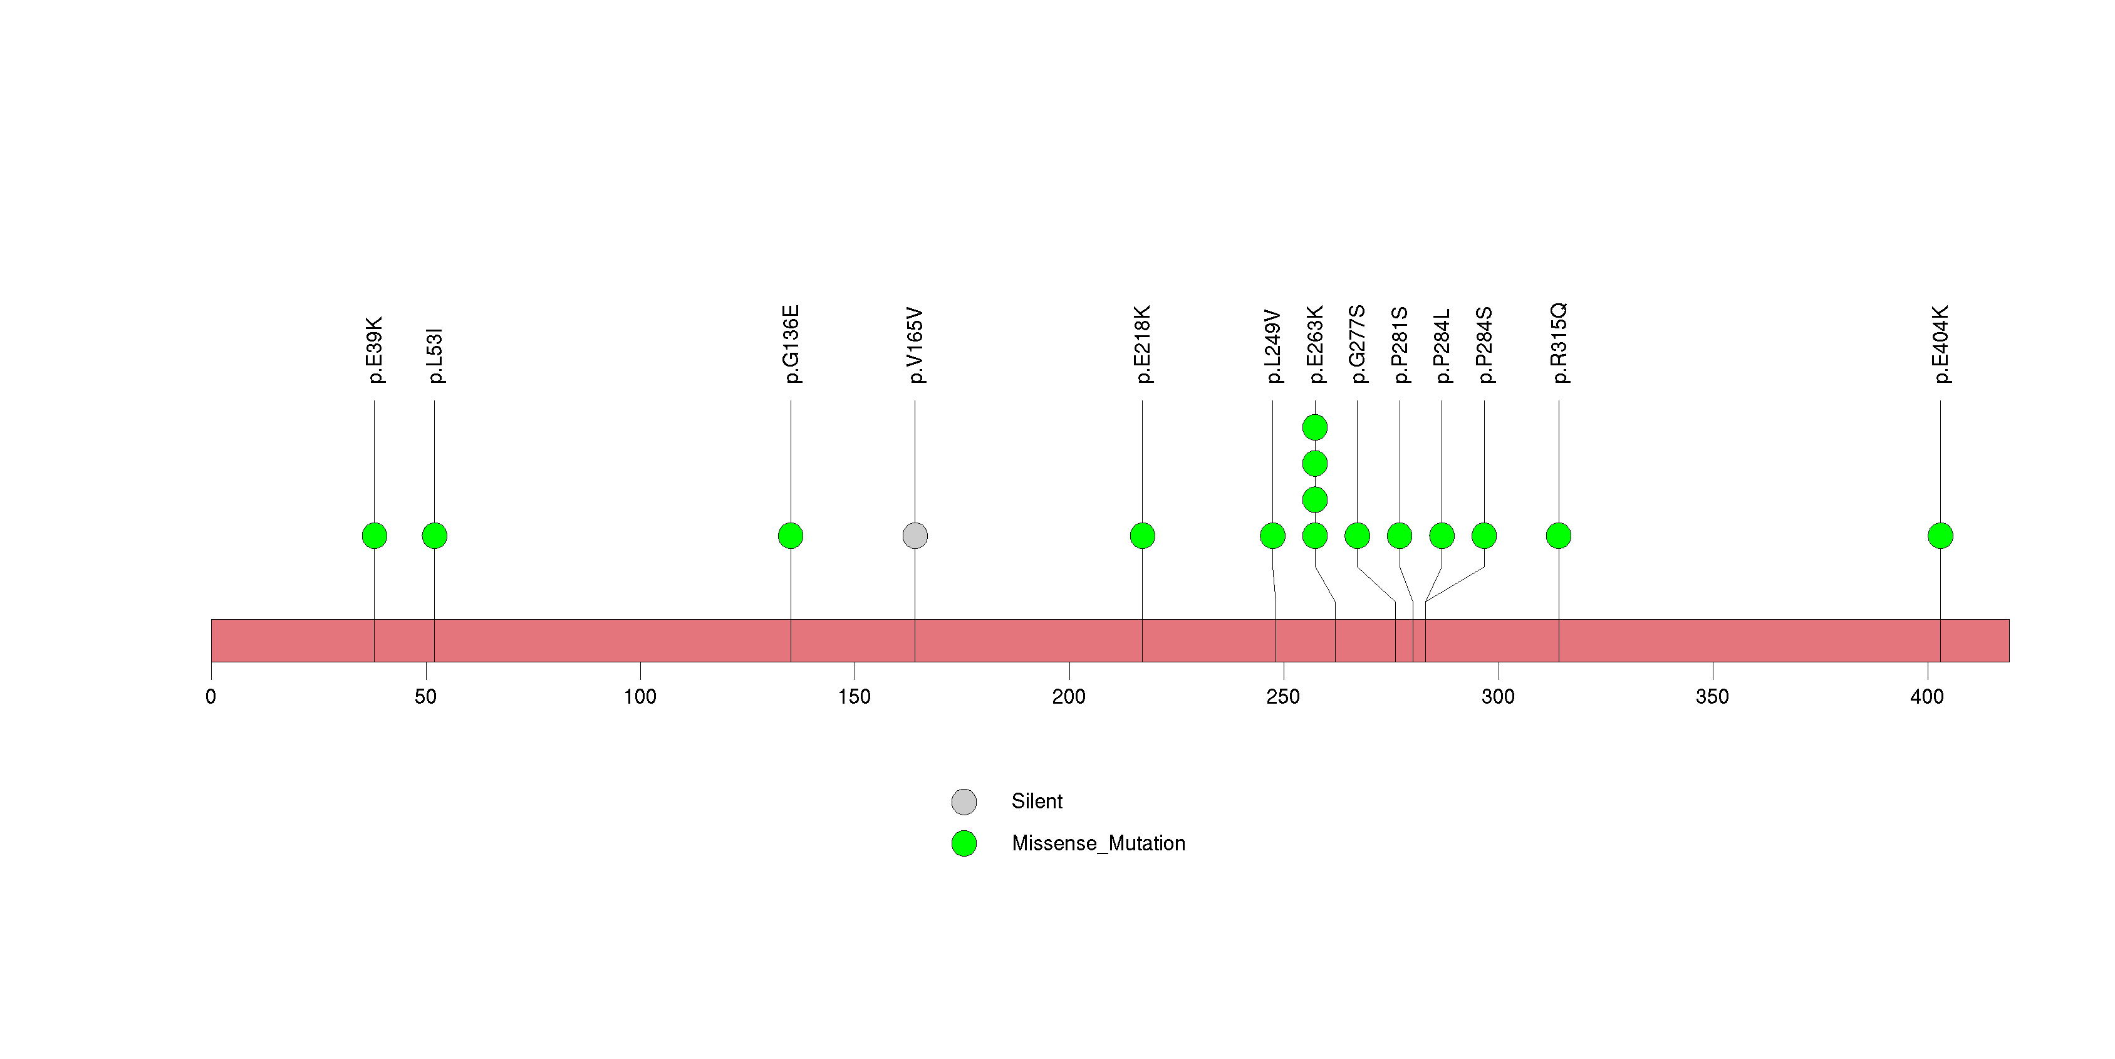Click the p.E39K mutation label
(375, 350)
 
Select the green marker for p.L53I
(434, 536)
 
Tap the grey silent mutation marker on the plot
(915, 536)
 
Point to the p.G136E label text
(791, 344)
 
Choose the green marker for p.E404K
(1940, 536)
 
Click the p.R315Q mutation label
(1558, 343)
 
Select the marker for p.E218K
(1142, 536)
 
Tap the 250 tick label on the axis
(1283, 697)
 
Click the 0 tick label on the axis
(211, 697)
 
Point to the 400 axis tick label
(1927, 697)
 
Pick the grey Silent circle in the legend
(964, 801)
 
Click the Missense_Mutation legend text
(1099, 843)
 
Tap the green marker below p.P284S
(1484, 536)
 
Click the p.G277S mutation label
(1357, 344)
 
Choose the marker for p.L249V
(1272, 536)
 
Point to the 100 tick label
(640, 697)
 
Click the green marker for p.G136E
(791, 536)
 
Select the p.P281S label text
(1400, 345)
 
